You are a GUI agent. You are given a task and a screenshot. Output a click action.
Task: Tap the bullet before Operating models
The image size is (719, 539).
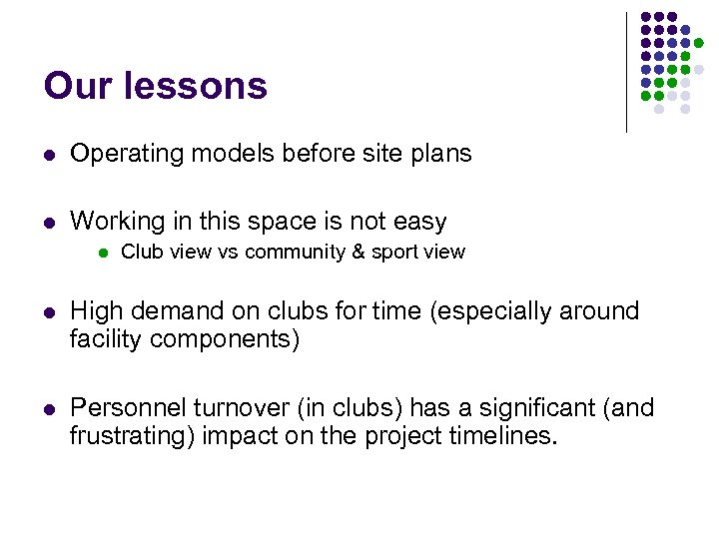(x=50, y=155)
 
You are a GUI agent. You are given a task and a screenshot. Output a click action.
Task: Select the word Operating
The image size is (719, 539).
(x=119, y=155)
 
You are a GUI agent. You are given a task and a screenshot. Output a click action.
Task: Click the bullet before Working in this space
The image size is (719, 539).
(x=50, y=222)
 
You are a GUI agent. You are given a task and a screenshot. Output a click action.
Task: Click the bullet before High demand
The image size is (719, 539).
(x=50, y=312)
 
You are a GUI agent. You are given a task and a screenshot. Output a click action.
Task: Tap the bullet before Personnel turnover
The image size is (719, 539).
(x=50, y=409)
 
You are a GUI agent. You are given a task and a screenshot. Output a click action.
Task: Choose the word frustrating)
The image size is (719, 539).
(x=129, y=436)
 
